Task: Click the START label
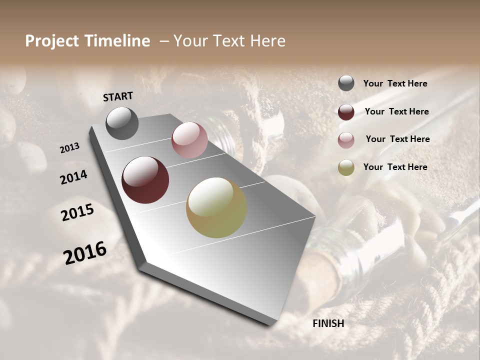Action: click(118, 96)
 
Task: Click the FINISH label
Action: click(328, 323)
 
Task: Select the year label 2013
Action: click(70, 147)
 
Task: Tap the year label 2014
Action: click(73, 177)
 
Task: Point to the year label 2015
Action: click(77, 212)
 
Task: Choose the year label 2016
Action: click(85, 252)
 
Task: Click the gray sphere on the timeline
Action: click(122, 123)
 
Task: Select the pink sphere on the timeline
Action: click(189, 140)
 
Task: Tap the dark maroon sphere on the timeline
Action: click(145, 180)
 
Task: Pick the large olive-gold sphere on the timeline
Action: click(216, 207)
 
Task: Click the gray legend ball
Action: click(346, 83)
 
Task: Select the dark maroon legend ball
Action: click(346, 111)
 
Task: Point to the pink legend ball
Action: click(346, 139)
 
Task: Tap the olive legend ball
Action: click(346, 167)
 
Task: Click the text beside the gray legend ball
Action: click(395, 83)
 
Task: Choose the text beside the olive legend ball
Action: click(395, 167)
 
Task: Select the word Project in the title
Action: click(52, 41)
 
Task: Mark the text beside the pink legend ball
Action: click(398, 139)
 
